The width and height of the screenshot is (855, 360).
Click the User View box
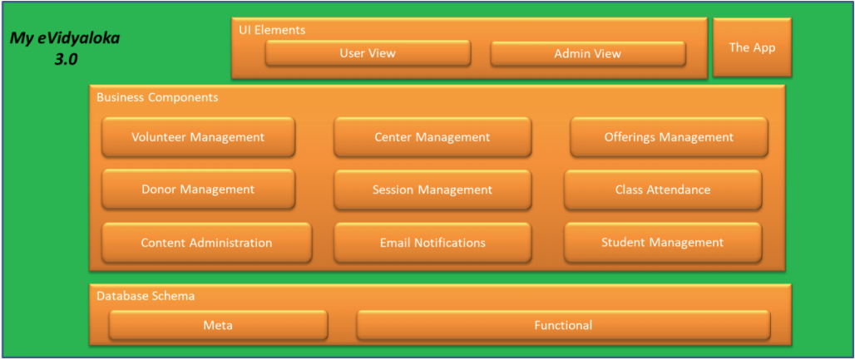click(368, 53)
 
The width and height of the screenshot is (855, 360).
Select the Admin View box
click(587, 54)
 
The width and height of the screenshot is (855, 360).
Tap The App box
click(752, 47)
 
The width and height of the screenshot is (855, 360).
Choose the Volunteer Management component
click(198, 137)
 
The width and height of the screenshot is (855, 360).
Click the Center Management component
click(432, 137)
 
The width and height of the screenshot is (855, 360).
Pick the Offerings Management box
click(669, 137)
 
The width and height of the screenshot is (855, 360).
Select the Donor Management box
click(198, 190)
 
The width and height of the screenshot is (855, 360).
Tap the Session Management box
click(432, 190)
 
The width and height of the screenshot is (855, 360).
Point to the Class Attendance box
click(663, 190)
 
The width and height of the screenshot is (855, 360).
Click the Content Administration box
click(206, 243)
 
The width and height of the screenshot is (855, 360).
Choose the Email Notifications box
click(432, 243)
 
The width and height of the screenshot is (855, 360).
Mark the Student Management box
click(663, 243)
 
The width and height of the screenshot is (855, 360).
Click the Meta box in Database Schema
click(218, 325)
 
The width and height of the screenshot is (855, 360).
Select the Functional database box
click(563, 325)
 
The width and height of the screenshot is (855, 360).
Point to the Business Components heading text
click(157, 97)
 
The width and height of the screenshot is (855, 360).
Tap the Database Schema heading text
click(146, 295)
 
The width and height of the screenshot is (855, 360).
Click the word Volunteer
click(161, 137)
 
